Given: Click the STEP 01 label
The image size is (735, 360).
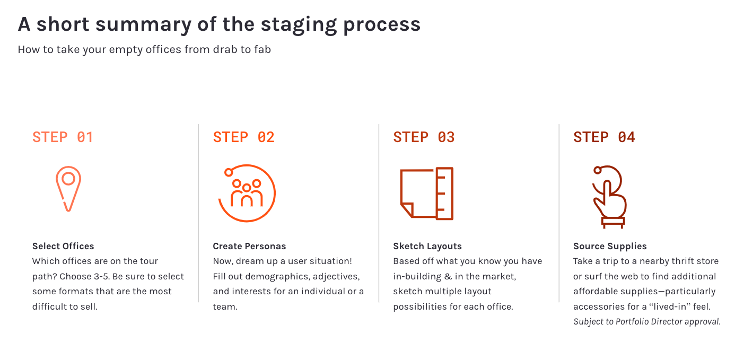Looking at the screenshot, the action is (63, 137).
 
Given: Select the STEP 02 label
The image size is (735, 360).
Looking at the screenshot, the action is (243, 137).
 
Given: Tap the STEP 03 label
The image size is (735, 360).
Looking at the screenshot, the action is (424, 137).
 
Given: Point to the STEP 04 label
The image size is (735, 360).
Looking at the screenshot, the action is (604, 137).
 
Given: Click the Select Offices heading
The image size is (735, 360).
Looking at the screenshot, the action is (63, 246).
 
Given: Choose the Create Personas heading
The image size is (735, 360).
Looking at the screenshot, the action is (249, 246).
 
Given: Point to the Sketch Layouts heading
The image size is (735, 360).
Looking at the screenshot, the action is (427, 246).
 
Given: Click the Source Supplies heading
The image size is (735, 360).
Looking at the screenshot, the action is (610, 246).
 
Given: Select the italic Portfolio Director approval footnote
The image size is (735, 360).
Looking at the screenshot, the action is (647, 322).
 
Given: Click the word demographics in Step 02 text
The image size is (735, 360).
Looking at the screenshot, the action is (277, 277).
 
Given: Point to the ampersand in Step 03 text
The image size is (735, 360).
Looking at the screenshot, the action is (448, 276).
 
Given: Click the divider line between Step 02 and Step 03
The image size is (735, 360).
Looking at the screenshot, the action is (379, 213).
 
